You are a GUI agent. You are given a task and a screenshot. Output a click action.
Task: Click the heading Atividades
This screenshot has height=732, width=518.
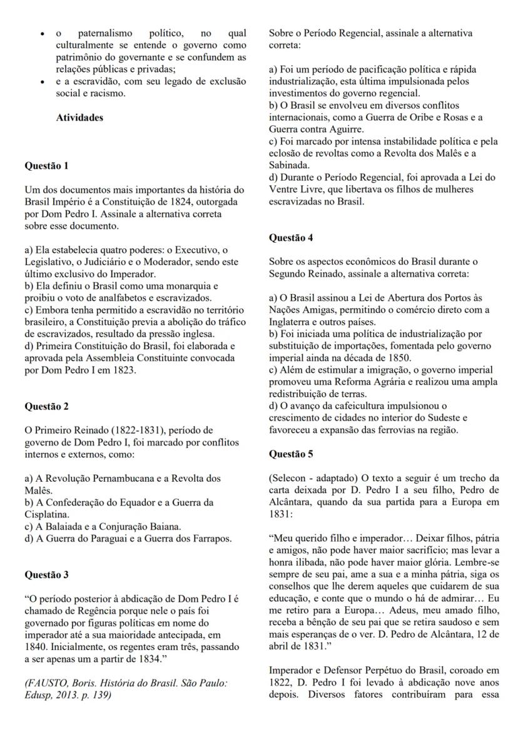tap(80, 118)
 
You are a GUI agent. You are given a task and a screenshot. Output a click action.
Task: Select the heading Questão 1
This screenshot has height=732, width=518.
tap(46, 166)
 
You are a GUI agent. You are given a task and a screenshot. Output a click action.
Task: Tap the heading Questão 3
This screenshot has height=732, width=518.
tap(46, 574)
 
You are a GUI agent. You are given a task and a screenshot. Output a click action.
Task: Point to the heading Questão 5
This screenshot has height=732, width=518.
tap(291, 454)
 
